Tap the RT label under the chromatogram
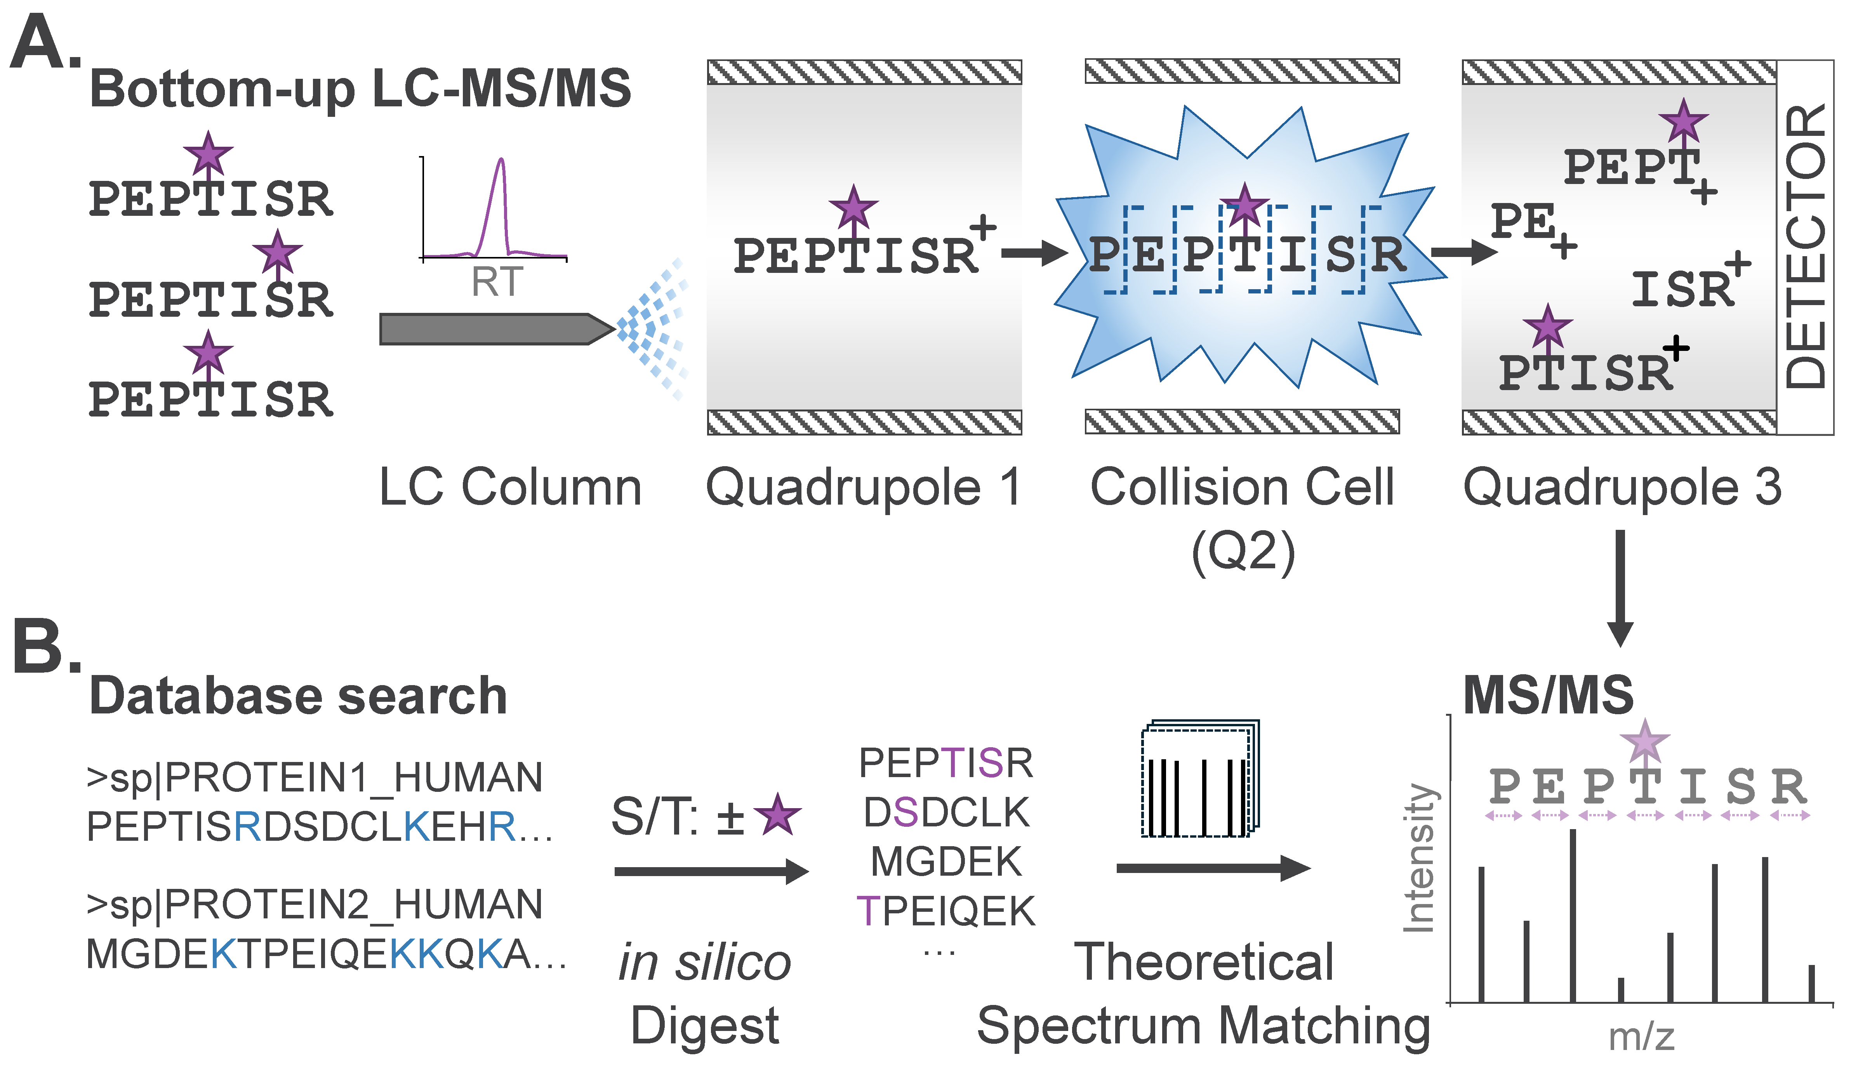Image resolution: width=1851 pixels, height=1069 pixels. click(x=497, y=282)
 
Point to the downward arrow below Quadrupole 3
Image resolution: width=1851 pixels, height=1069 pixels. click(x=1620, y=587)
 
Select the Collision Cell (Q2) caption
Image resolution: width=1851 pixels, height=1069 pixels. click(x=1242, y=517)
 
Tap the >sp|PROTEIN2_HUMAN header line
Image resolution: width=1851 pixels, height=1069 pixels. click(x=314, y=904)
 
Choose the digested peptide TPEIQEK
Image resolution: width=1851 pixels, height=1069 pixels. click(x=946, y=911)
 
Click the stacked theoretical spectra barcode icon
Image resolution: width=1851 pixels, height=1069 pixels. click(x=1201, y=780)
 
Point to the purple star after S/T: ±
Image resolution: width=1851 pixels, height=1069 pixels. click(x=777, y=815)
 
